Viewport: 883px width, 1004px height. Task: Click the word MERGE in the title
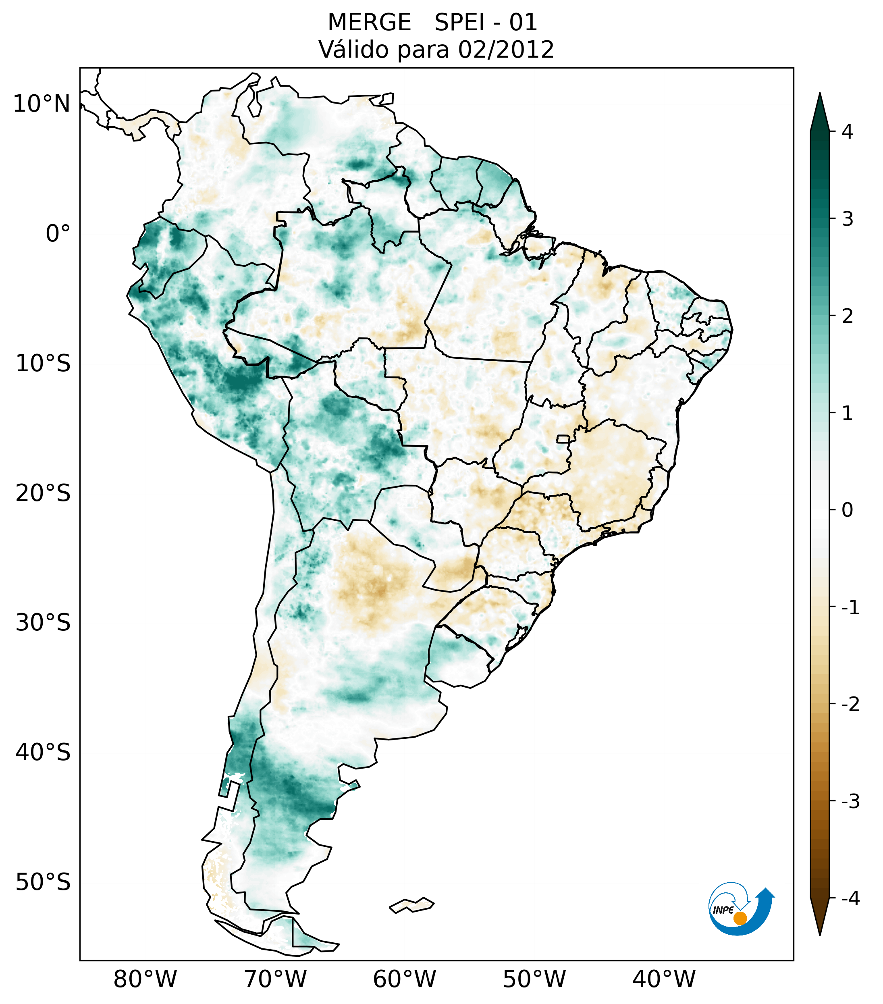click(369, 23)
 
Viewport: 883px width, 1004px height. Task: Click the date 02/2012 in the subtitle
click(506, 50)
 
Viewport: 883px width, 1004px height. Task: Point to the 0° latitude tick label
click(58, 234)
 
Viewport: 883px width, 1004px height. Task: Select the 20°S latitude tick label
click(43, 493)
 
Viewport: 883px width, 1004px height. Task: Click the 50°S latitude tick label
click(43, 882)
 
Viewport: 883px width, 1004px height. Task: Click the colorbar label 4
click(847, 132)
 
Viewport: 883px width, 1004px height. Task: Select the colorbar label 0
click(847, 510)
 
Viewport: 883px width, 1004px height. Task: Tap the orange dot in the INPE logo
click(740, 918)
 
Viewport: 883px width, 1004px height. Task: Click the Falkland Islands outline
click(411, 905)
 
